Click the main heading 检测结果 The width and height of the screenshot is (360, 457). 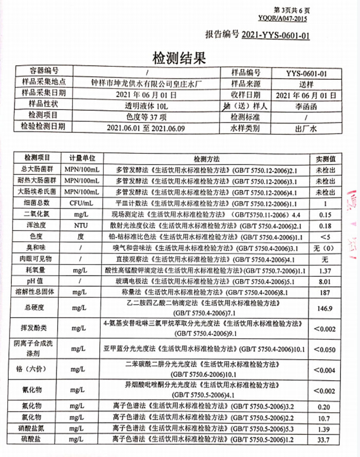click(x=176, y=56)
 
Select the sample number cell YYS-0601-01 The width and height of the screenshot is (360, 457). click(x=306, y=74)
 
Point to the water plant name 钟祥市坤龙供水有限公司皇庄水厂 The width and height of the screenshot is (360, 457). click(x=147, y=84)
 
